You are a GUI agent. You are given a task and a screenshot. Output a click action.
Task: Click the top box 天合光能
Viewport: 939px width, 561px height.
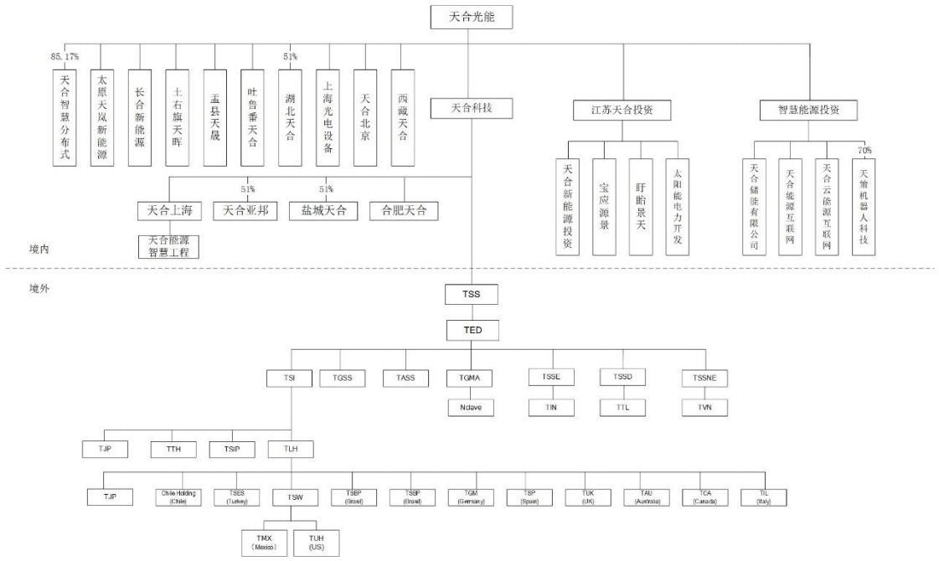tap(470, 16)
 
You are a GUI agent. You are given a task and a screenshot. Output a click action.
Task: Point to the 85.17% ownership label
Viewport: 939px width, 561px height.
tap(64, 57)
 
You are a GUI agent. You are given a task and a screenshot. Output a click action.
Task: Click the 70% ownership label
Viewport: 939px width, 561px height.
tap(865, 150)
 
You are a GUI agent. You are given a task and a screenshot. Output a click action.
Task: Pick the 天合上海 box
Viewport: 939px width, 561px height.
tap(170, 210)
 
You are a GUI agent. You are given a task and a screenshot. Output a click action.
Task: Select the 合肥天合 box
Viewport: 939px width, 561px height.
tap(404, 210)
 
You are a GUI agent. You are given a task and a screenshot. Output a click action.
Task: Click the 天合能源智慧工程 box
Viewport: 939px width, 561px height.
tap(169, 246)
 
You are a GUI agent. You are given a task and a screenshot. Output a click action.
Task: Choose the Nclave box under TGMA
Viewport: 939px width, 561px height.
tap(470, 408)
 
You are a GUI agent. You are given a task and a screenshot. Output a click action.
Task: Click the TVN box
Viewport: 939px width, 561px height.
tap(704, 408)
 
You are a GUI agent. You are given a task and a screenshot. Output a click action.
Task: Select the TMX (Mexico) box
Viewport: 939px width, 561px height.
tap(264, 541)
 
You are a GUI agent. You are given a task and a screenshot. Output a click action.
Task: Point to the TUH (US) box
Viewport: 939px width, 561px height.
tap(317, 541)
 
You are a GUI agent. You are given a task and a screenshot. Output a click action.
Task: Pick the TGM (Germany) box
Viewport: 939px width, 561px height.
tap(471, 497)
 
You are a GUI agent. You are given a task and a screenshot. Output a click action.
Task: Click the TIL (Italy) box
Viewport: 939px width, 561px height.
tap(763, 497)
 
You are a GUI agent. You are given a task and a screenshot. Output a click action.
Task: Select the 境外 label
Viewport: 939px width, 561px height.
tap(39, 289)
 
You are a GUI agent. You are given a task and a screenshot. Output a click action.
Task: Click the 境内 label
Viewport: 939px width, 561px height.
tap(39, 249)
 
